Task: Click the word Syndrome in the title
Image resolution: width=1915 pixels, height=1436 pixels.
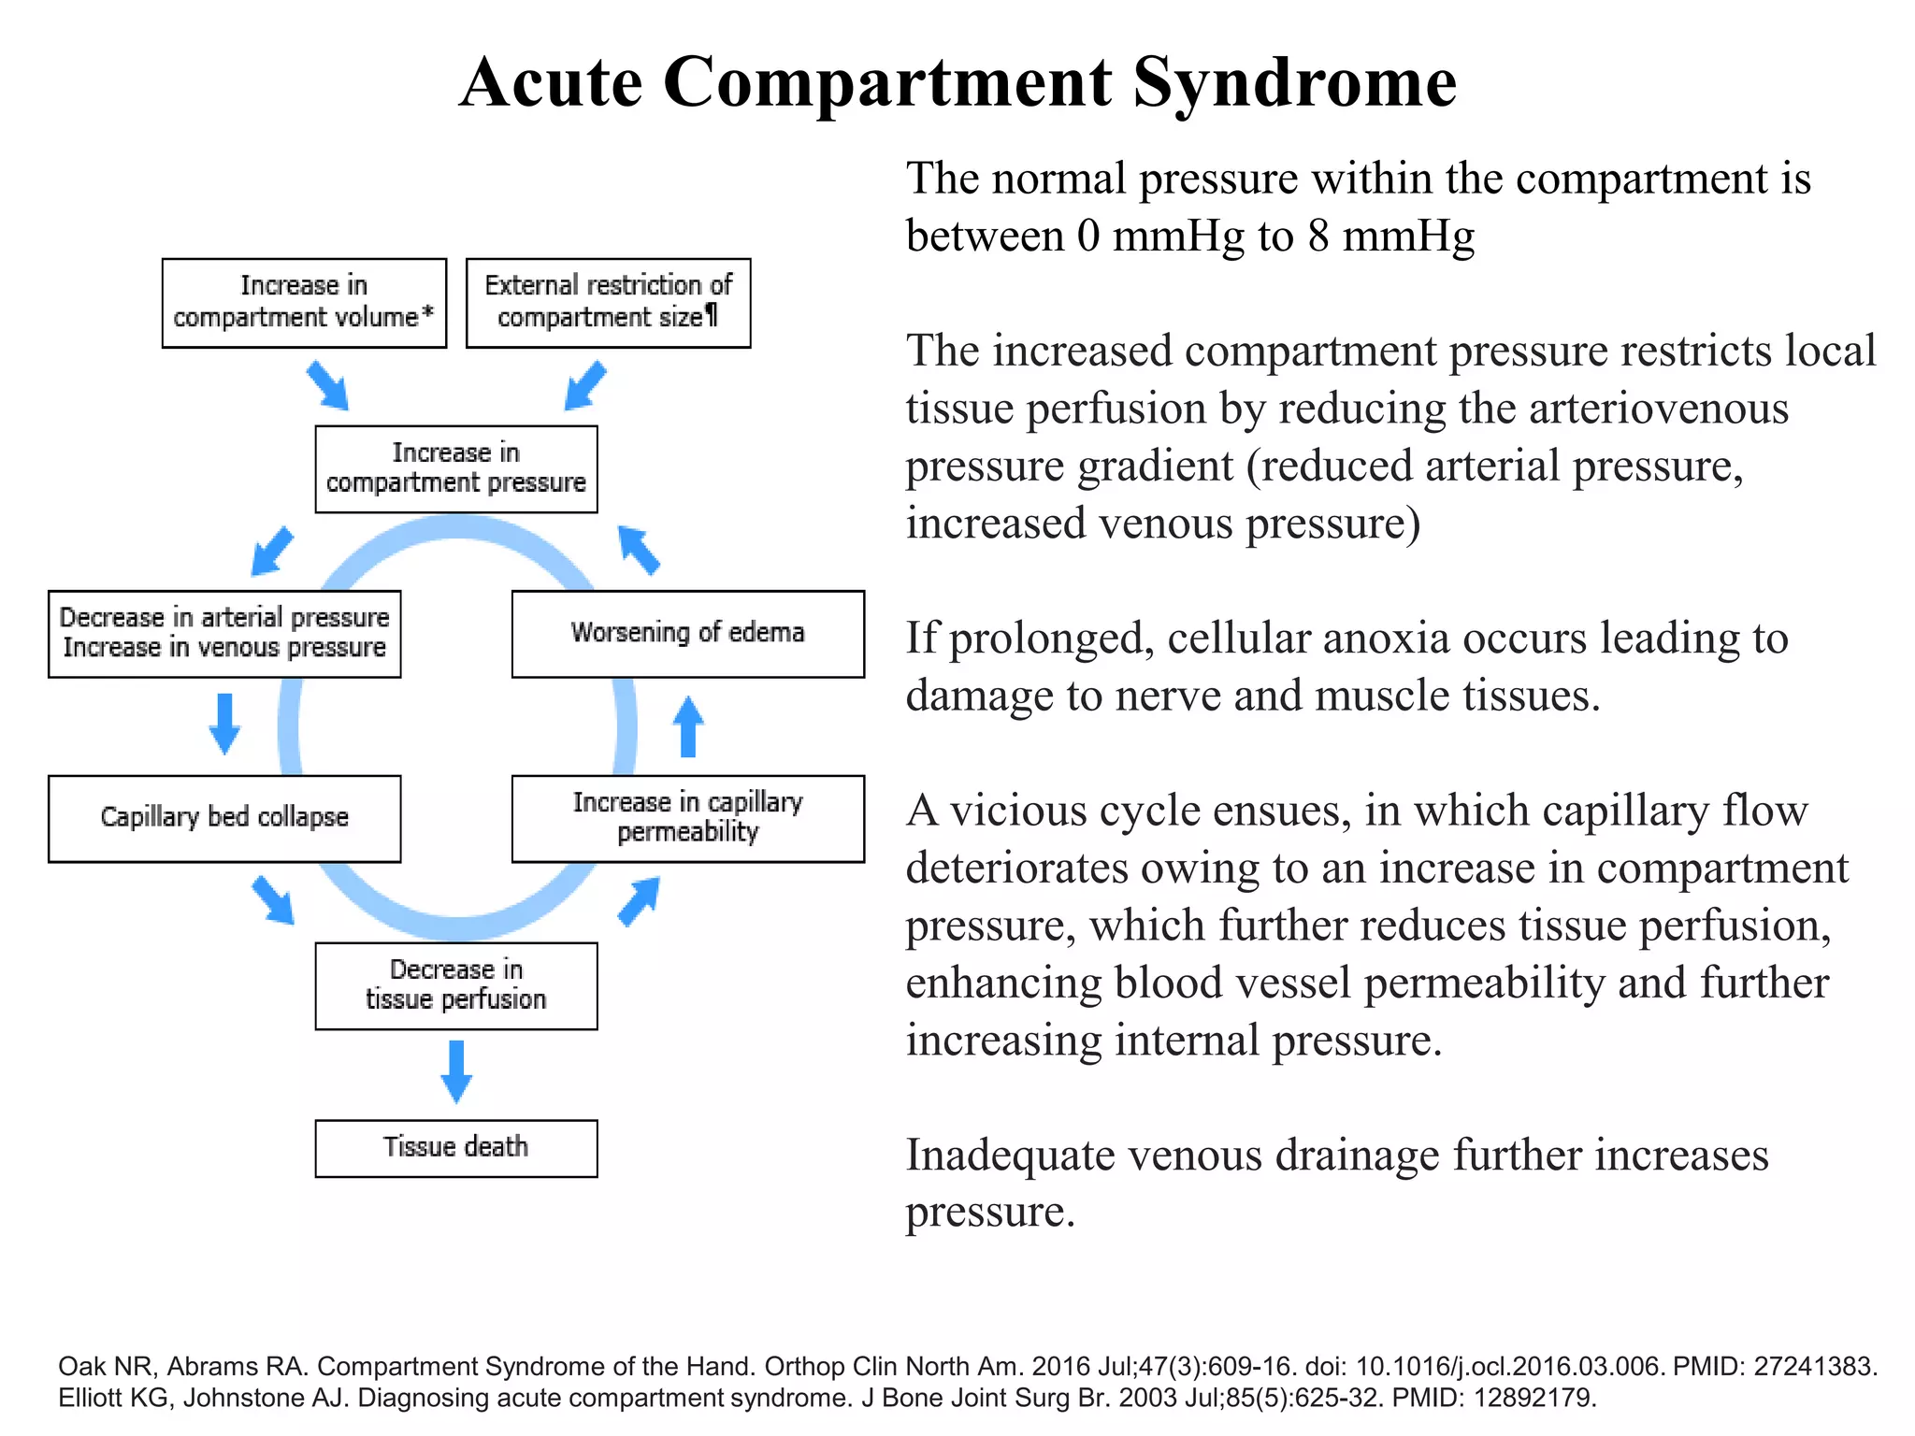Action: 1294,82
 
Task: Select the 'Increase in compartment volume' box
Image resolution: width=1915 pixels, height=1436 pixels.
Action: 304,303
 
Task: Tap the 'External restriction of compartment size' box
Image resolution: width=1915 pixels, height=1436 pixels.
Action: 608,303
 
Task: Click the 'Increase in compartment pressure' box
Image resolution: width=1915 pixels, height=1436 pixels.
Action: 455,468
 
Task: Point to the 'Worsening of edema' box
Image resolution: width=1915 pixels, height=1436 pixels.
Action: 687,633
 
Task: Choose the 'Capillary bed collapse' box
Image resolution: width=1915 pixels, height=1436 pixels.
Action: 224,818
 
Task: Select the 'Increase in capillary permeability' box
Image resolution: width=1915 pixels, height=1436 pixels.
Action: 687,818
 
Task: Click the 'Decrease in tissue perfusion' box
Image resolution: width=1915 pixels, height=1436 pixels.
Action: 455,985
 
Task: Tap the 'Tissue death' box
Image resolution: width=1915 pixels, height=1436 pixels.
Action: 455,1147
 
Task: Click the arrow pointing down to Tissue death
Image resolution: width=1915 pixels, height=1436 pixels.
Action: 455,1071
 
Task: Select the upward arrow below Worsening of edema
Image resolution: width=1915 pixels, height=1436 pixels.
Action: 688,726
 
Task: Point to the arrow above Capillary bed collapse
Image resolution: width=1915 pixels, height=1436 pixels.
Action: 224,723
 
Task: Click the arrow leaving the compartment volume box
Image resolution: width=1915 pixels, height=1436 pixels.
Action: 327,384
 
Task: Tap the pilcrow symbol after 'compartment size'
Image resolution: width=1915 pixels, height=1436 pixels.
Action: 712,316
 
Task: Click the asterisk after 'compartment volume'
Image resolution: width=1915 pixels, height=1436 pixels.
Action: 428,312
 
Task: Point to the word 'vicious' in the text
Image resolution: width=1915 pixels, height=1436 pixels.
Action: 1009,811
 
